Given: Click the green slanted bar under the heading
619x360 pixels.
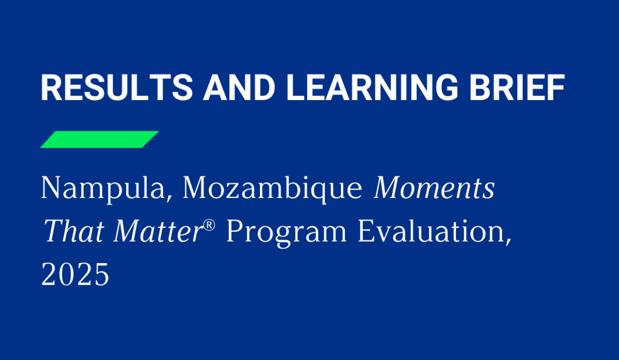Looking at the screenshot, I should [x=100, y=139].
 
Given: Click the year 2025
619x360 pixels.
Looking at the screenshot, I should [x=75, y=276].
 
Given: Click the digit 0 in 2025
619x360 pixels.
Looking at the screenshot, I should [x=66, y=276].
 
